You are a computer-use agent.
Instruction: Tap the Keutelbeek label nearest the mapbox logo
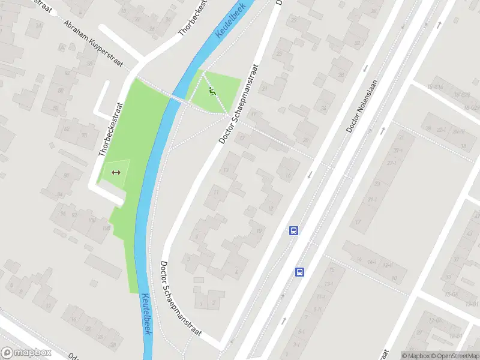coord(146,314)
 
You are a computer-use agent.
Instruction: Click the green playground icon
coord(211,92)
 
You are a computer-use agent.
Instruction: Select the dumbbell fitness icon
coord(116,173)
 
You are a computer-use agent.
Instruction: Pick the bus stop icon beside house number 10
coord(294,230)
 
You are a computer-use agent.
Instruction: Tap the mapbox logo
coord(26,353)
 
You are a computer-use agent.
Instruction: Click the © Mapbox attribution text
coord(416,356)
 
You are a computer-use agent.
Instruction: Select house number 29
coord(294,20)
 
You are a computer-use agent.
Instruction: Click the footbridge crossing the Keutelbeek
coord(177,98)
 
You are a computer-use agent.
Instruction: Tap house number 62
coord(66,128)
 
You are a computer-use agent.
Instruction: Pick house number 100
coord(92,220)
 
